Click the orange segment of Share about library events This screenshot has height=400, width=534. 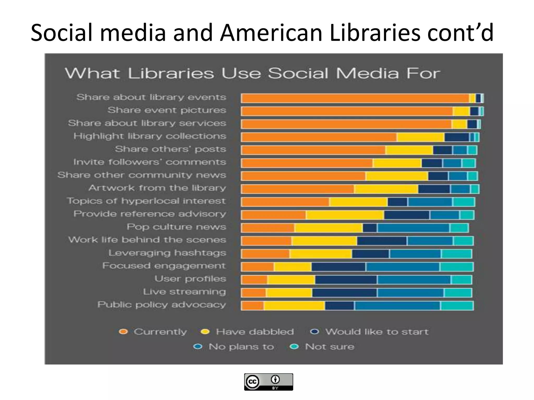(x=355, y=98)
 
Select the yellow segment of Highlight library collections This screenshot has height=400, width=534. (x=420, y=137)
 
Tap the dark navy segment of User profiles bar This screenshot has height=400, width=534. (x=346, y=280)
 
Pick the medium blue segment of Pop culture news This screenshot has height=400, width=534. (x=413, y=228)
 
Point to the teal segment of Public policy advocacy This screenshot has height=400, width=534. (x=457, y=306)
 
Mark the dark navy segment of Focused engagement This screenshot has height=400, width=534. (x=338, y=267)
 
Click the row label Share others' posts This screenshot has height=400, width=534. (x=170, y=149)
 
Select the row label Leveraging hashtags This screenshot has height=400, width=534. (x=167, y=253)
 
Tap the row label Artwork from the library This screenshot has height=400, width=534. (x=157, y=188)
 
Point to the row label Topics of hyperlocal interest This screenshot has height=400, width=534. (x=146, y=201)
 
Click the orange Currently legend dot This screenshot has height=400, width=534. (x=123, y=332)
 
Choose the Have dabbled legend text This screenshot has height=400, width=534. (x=255, y=332)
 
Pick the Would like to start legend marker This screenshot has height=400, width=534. (x=315, y=332)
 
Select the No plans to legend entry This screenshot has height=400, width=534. (x=241, y=347)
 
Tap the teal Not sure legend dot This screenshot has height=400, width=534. (x=294, y=347)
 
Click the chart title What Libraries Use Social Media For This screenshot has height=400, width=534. (x=252, y=73)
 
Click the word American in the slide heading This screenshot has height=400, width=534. (x=271, y=33)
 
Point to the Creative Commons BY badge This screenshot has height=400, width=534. (x=268, y=382)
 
